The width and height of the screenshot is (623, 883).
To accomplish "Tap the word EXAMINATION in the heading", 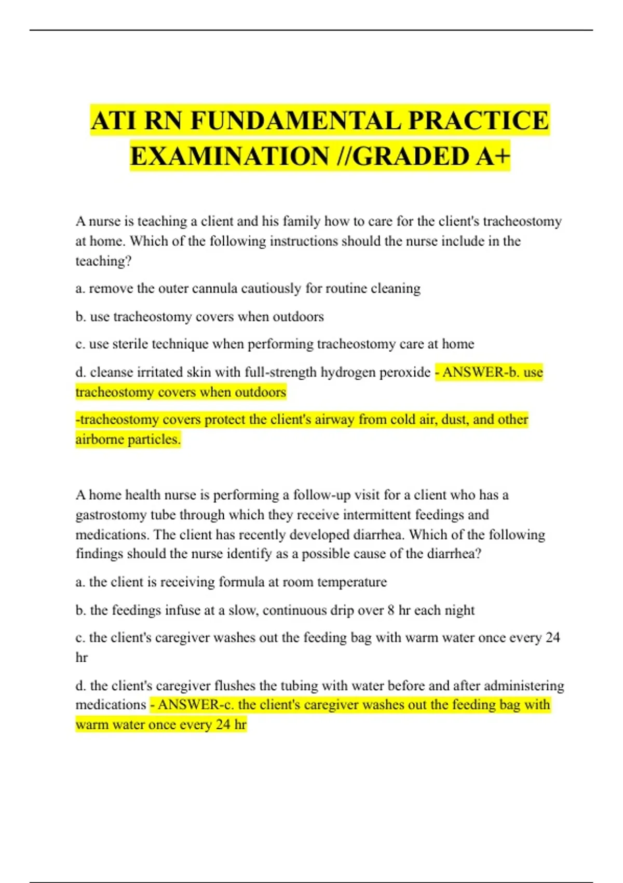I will (x=229, y=156).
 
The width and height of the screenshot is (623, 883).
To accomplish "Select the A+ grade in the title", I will (x=493, y=156).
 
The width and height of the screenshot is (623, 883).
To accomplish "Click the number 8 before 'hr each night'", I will (x=391, y=610).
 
